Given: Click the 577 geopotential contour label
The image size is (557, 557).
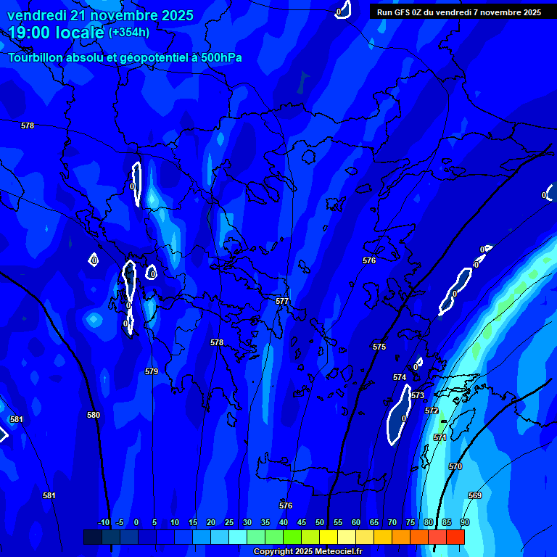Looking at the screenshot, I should pos(282,301).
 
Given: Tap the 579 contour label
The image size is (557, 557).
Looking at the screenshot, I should pos(152,371).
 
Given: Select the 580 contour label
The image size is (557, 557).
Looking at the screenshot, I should pos(94,415).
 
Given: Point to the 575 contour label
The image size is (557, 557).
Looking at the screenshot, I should pos(379,347).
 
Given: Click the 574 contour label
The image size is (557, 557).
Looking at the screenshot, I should pos(400,378).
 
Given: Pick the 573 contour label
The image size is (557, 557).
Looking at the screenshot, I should pos(418,395).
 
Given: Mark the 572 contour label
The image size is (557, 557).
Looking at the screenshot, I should pos(432,410).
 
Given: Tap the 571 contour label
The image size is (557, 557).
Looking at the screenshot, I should pos(440,437).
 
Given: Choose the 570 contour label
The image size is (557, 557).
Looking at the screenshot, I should pos(455,466).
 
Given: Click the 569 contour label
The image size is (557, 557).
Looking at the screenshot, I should pos(475,495).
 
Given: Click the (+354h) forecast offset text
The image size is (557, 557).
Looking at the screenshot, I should pos(129,32).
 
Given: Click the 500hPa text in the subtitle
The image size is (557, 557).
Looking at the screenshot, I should pos(220,57).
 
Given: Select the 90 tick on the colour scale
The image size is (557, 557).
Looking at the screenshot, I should pos(464,522).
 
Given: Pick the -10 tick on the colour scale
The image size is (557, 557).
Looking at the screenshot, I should pos(103,522).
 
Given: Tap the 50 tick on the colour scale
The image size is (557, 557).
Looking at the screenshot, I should pos(320,522).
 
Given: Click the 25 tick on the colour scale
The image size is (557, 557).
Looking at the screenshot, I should pos(229,522).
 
